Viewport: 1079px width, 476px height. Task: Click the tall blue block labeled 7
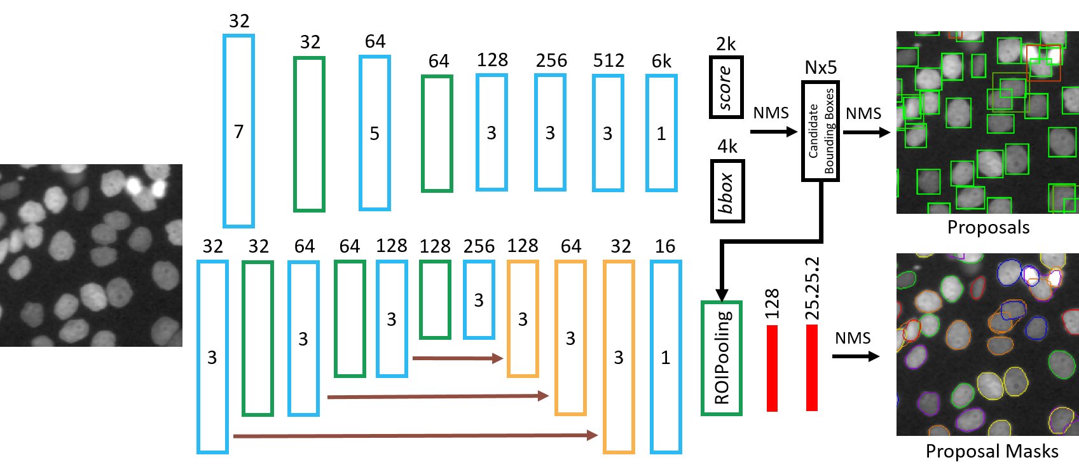point(238,131)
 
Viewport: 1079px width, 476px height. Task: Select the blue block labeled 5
point(375,133)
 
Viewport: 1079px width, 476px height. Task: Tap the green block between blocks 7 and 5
point(309,134)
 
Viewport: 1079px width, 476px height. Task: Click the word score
point(726,87)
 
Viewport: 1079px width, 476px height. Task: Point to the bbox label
point(727,191)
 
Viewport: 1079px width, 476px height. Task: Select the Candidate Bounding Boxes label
point(820,131)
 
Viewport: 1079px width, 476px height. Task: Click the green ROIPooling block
point(721,358)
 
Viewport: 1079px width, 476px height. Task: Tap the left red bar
point(772,368)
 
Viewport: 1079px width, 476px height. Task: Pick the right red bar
point(811,368)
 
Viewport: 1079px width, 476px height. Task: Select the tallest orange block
point(619,357)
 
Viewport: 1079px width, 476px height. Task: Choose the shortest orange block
point(523,319)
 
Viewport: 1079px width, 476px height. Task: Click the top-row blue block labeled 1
point(661,133)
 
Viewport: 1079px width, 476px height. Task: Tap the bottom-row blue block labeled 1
point(666,357)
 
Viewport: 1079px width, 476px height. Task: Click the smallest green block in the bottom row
point(435,299)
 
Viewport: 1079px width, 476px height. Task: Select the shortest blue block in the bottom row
point(479,300)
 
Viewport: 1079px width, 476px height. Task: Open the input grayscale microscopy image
point(91,255)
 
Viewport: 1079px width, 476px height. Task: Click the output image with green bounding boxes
point(987,123)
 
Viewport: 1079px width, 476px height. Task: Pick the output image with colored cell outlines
point(987,344)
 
